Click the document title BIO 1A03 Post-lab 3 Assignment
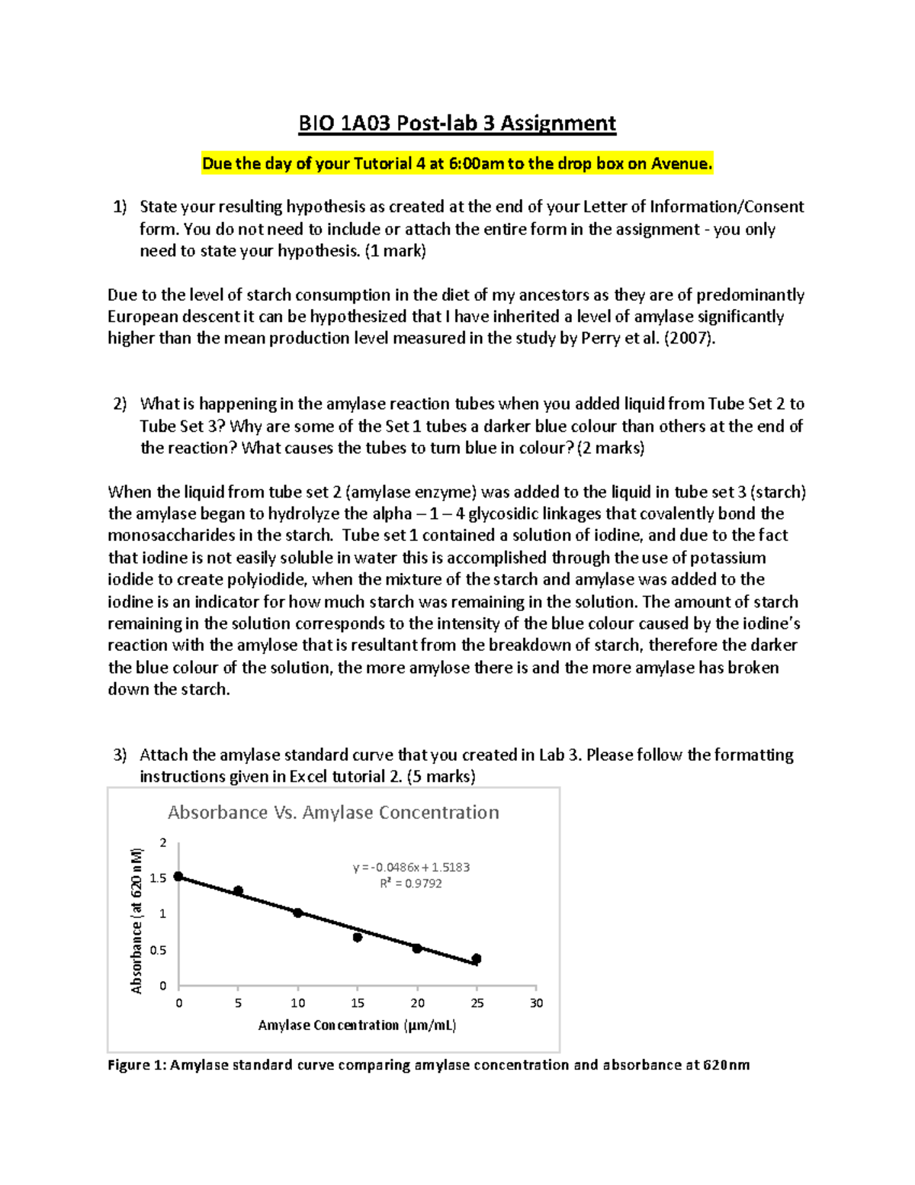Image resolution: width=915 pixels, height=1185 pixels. (457, 124)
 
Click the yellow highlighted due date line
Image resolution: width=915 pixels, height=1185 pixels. (457, 163)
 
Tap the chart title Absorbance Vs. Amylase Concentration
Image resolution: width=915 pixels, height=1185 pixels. (333, 813)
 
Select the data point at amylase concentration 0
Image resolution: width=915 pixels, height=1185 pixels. (178, 877)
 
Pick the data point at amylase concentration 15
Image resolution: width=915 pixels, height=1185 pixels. (358, 937)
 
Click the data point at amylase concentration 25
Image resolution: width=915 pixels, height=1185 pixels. (477, 959)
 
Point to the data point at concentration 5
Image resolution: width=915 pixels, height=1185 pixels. (238, 891)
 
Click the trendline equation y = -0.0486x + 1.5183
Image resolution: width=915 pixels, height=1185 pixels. (411, 868)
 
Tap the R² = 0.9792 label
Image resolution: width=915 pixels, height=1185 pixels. (411, 884)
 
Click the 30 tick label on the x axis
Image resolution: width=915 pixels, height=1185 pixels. (536, 1003)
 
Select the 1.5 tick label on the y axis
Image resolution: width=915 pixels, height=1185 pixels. (158, 878)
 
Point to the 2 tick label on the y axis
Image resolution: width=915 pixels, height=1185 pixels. (162, 842)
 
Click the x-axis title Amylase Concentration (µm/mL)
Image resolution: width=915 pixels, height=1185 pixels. (357, 1026)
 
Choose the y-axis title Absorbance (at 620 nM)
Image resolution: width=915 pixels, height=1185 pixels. (137, 920)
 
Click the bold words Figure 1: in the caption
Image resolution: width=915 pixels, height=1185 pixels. (136, 1065)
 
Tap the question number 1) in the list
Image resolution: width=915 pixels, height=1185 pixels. (120, 207)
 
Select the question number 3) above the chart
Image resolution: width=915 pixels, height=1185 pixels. (120, 755)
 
